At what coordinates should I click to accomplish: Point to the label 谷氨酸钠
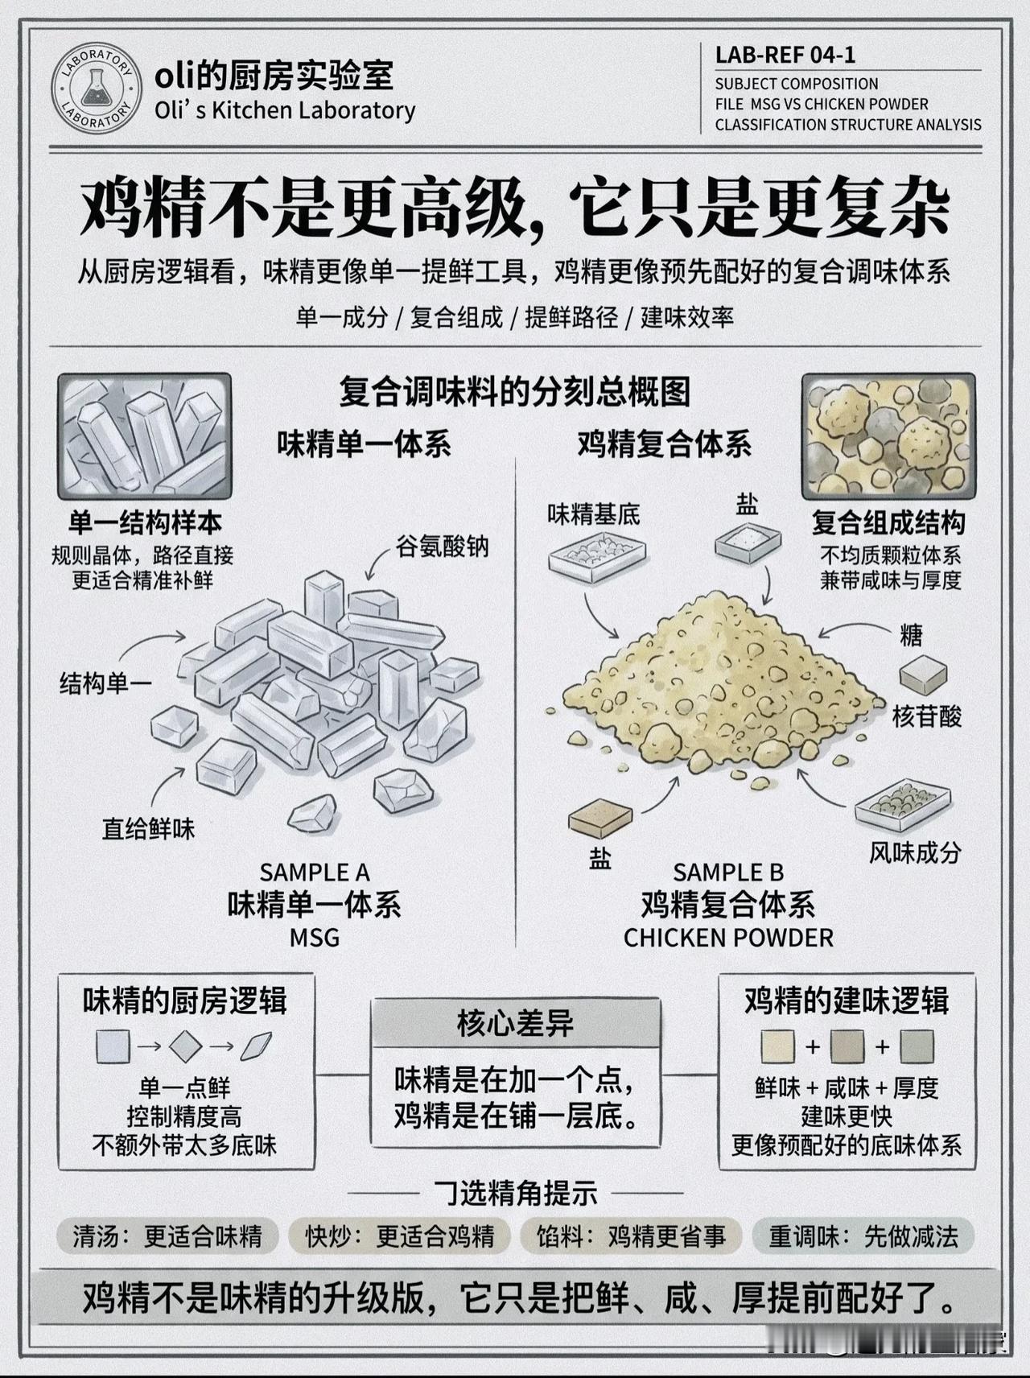(x=443, y=547)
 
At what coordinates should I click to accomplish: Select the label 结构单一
(x=105, y=684)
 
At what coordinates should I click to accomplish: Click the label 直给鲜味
(x=148, y=828)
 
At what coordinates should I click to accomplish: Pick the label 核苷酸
(x=927, y=716)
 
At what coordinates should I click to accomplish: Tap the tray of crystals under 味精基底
(x=596, y=556)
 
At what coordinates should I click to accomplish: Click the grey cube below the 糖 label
(x=923, y=675)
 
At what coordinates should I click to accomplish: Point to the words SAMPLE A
(x=315, y=873)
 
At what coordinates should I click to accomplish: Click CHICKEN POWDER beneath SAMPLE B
(x=728, y=938)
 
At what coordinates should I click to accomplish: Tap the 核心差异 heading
(x=515, y=1023)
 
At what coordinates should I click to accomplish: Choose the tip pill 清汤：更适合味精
(x=167, y=1236)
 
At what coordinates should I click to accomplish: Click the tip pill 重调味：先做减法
(x=863, y=1236)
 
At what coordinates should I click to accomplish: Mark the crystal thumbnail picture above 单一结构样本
(x=145, y=436)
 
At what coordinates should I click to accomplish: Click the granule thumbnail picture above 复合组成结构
(x=888, y=436)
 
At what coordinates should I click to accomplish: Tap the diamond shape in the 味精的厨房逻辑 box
(x=186, y=1046)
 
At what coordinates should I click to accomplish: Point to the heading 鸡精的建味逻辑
(x=847, y=1000)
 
